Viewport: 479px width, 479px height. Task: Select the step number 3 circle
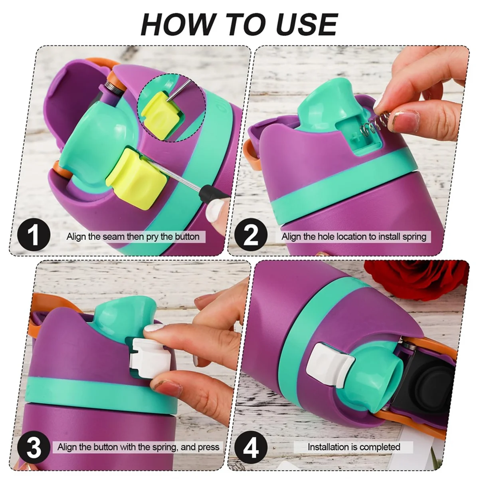pyautogui.click(x=34, y=447)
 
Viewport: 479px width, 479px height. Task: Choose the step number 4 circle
pyautogui.click(x=251, y=447)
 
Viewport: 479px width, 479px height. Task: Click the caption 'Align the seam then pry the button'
pyautogui.click(x=133, y=236)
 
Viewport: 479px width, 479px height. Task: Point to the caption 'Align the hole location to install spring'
pyautogui.click(x=354, y=236)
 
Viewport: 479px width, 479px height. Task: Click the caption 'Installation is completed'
pyautogui.click(x=354, y=447)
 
